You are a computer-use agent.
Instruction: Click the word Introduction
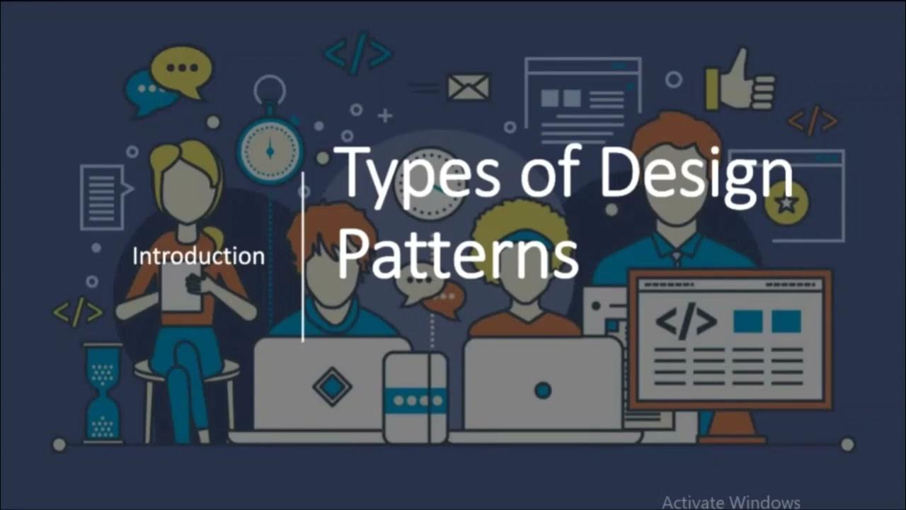(198, 256)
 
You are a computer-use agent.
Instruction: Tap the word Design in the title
(696, 174)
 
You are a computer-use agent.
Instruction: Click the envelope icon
(468, 87)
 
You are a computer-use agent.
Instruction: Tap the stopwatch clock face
(270, 150)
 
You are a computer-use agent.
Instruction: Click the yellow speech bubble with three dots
(182, 69)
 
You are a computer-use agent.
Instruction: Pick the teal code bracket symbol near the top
(357, 53)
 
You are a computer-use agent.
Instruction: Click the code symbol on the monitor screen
(685, 322)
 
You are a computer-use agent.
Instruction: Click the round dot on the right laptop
(543, 390)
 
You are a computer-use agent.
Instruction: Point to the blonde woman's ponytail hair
(212, 237)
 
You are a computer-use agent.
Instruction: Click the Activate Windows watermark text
(730, 501)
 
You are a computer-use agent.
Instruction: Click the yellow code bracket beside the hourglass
(78, 311)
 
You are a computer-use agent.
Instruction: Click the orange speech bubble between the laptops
(446, 297)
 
